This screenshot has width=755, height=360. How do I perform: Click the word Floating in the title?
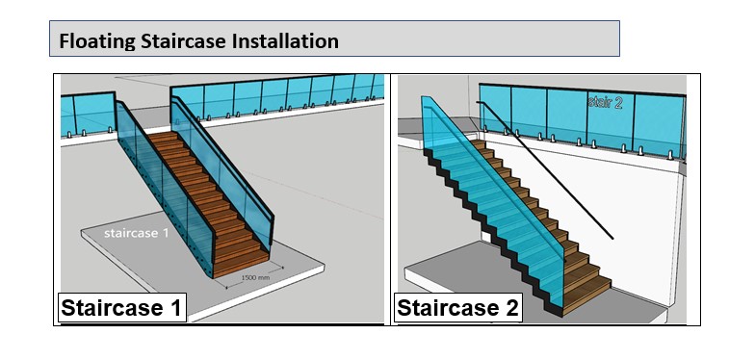click(x=96, y=40)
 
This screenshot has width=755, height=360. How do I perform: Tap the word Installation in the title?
click(x=285, y=40)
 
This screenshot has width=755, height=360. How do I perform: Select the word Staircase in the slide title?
click(x=183, y=40)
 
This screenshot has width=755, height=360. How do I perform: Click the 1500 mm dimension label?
click(x=255, y=277)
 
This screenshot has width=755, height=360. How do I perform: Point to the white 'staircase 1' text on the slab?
click(x=137, y=233)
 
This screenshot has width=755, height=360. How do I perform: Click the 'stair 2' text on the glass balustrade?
click(x=605, y=102)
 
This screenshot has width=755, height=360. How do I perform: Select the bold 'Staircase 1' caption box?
click(x=121, y=307)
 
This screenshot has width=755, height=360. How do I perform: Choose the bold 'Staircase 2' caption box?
click(x=458, y=307)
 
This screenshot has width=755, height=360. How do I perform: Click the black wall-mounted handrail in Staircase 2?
click(x=545, y=169)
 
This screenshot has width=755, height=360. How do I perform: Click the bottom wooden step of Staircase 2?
click(x=586, y=296)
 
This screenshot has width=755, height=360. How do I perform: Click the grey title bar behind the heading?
click(x=334, y=39)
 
